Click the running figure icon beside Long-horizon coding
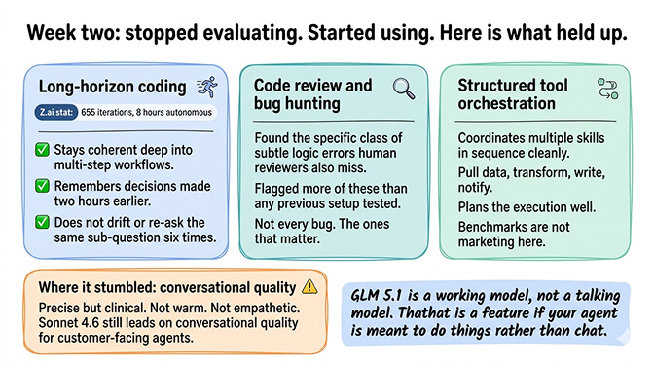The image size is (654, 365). pyautogui.click(x=205, y=87)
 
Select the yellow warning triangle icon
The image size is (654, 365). pyautogui.click(x=309, y=286)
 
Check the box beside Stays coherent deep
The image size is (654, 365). pyautogui.click(x=42, y=150)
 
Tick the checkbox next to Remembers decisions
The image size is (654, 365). pyautogui.click(x=42, y=185)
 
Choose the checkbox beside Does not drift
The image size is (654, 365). pyautogui.click(x=42, y=221)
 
